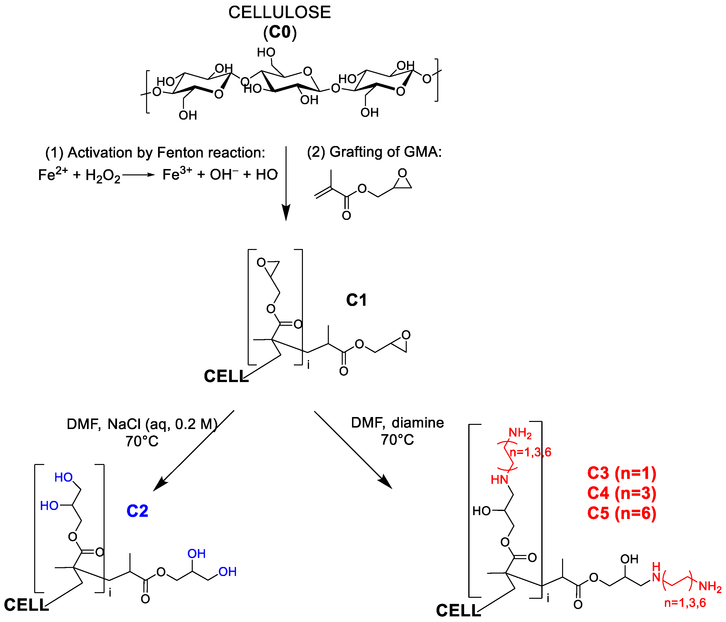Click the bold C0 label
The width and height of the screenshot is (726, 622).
click(x=280, y=32)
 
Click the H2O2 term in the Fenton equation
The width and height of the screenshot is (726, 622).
click(x=102, y=175)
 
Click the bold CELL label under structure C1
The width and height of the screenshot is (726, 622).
click(x=226, y=376)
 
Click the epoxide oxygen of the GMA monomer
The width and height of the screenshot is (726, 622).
click(x=402, y=173)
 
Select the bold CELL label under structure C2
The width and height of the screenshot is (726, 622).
click(x=26, y=605)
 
